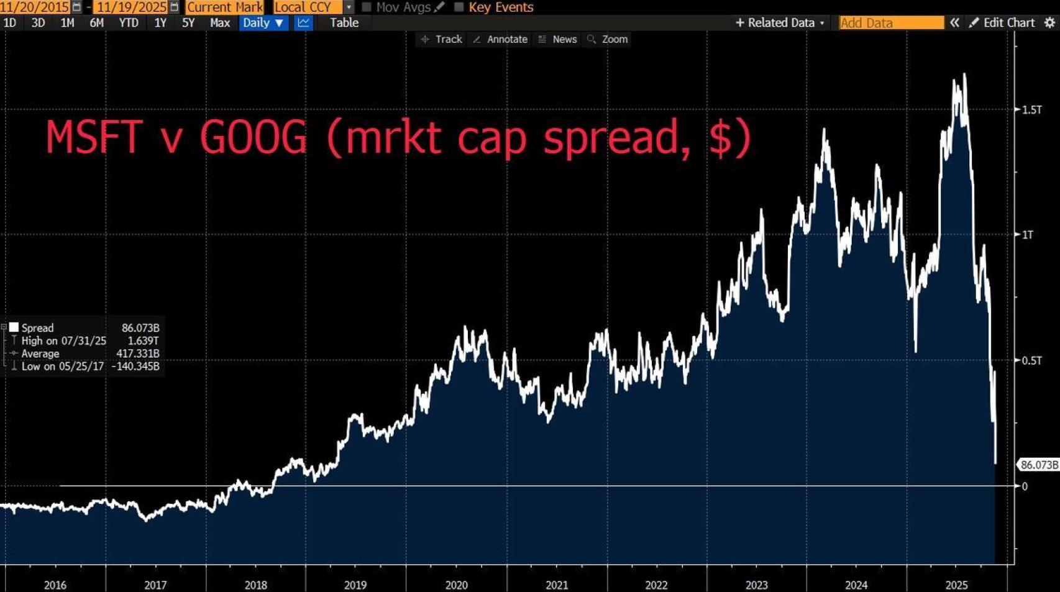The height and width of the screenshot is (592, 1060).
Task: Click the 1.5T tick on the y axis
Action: coord(1031,110)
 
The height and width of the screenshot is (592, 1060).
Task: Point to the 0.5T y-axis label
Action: coord(1031,360)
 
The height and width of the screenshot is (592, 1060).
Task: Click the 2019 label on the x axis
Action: coord(355,585)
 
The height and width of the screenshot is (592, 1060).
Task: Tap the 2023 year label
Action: coord(756,585)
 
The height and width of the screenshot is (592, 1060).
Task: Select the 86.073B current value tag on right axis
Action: coord(1038,465)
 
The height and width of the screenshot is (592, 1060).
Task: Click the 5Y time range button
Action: coord(188,23)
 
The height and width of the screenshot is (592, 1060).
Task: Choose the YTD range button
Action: coord(129,23)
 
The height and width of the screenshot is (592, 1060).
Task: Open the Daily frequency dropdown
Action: coord(263,23)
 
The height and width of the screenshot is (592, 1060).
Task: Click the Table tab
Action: coord(344,23)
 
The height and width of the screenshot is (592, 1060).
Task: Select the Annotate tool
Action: coord(501,39)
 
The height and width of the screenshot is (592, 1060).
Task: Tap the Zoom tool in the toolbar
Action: coord(608,39)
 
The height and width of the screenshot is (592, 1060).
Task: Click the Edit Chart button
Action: coord(1002,23)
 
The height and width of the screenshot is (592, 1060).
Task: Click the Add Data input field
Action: coord(890,23)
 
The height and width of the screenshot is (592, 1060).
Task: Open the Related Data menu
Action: coord(780,23)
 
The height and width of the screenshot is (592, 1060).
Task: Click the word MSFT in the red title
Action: coord(93,137)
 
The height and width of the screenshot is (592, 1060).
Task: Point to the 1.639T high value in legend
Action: coord(143,340)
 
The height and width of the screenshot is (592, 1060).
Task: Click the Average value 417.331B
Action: coord(137,353)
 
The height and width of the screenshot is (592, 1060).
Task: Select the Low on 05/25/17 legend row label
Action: coord(62,367)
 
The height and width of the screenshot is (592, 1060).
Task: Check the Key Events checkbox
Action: coord(459,7)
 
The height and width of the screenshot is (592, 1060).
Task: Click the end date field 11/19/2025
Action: coord(131,7)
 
